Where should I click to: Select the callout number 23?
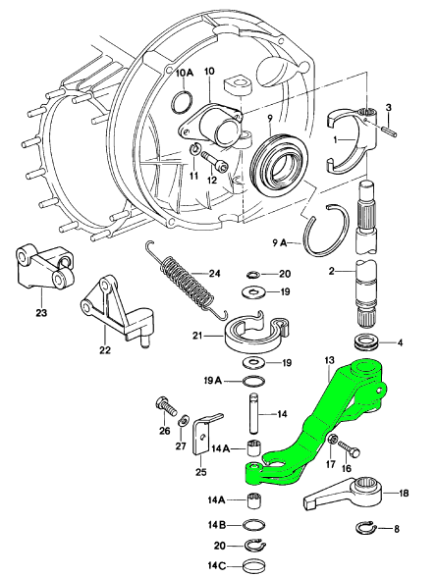point(41,313)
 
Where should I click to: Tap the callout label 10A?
point(184,73)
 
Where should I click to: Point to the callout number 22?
point(105,349)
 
